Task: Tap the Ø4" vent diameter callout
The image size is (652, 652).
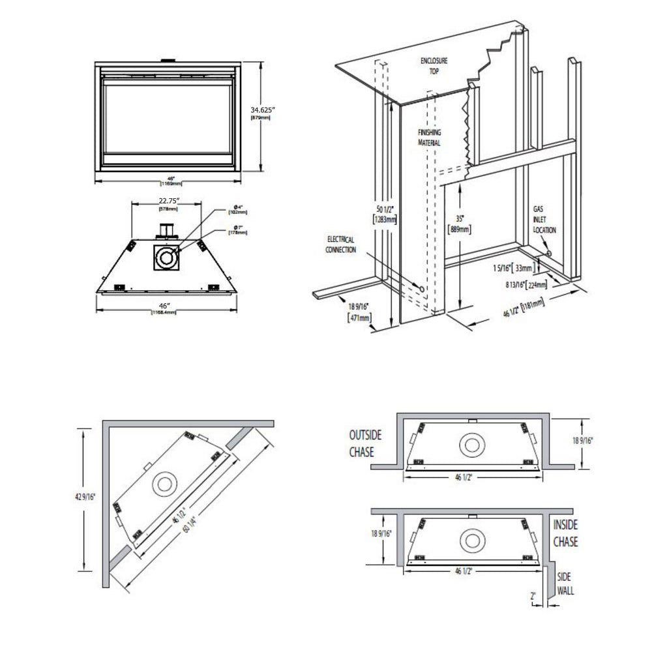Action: tap(236, 210)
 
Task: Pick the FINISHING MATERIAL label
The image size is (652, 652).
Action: tap(429, 138)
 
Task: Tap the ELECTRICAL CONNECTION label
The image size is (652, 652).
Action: tap(340, 244)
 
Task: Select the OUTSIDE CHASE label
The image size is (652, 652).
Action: tap(365, 443)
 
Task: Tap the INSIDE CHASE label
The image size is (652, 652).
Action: tap(565, 533)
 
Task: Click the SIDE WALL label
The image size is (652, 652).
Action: tap(565, 584)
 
